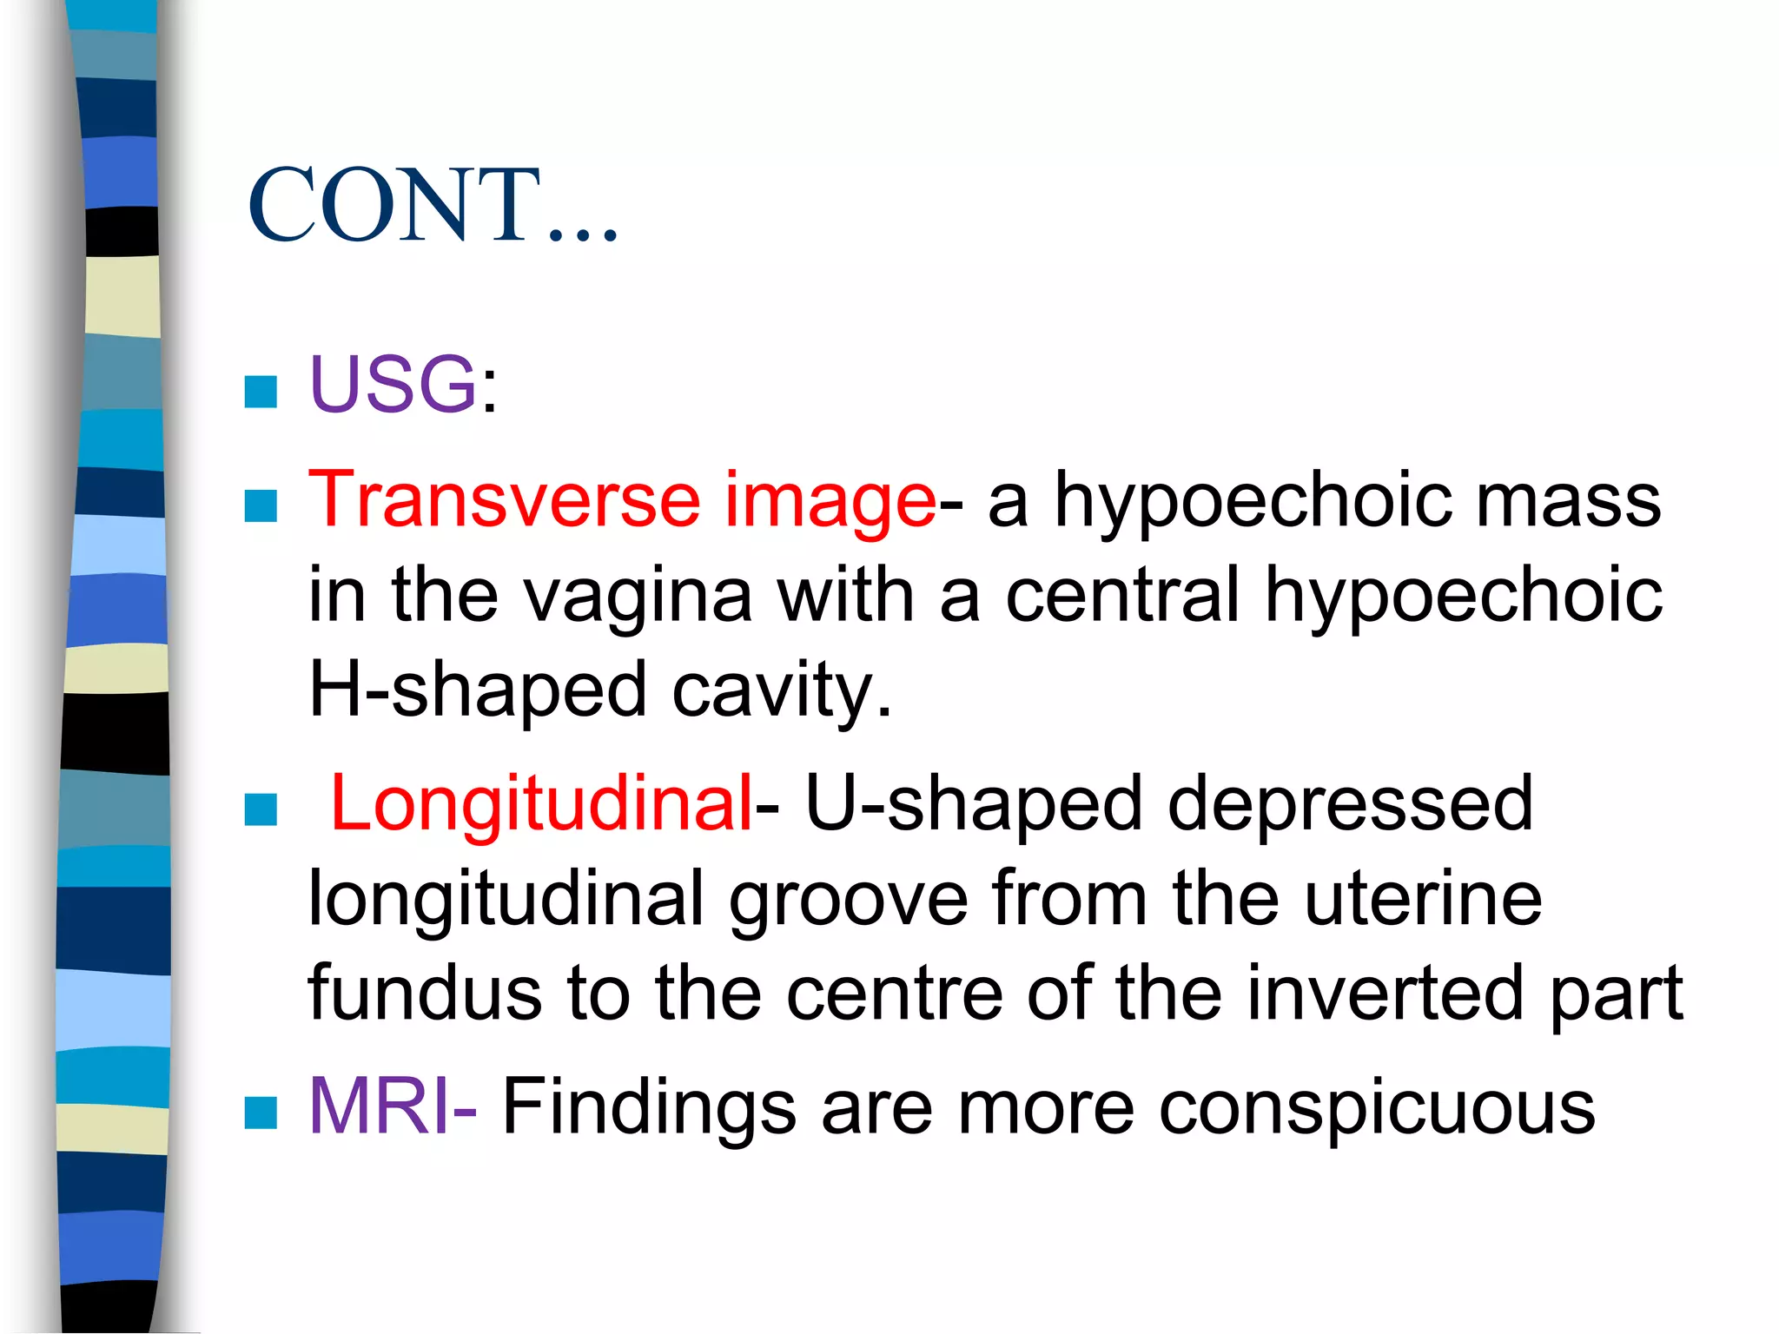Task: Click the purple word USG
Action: pos(393,384)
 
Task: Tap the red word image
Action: pos(830,501)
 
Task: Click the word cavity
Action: pos(782,690)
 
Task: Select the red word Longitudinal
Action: pos(541,803)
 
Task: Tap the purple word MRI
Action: pos(380,1106)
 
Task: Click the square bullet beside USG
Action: pos(261,392)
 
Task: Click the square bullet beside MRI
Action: pos(261,1113)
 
